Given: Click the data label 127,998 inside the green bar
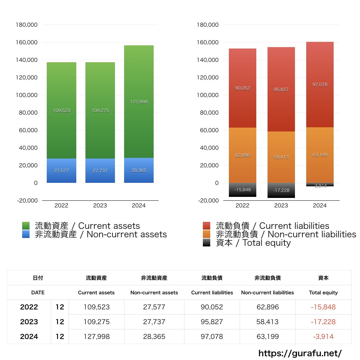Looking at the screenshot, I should pyautogui.click(x=139, y=102).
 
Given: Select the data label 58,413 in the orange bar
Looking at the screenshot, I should pyautogui.click(x=281, y=157).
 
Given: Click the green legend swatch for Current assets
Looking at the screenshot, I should pyautogui.click(x=26, y=226).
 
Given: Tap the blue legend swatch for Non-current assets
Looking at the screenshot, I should pyautogui.click(x=26, y=234).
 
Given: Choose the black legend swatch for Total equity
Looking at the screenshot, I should pyautogui.click(x=207, y=243).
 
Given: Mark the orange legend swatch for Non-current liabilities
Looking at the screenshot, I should pyautogui.click(x=207, y=234).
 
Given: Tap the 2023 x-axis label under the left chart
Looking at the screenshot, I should pyautogui.click(x=100, y=206).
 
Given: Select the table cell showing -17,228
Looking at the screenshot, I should pyautogui.click(x=323, y=322).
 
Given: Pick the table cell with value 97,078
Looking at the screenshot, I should pyautogui.click(x=212, y=336).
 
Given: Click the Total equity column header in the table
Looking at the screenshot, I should pyautogui.click(x=323, y=292).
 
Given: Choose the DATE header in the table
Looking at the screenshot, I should pyautogui.click(x=38, y=292).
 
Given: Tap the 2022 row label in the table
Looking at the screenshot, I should pyautogui.click(x=29, y=307).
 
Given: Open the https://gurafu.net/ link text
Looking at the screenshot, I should pyautogui.click(x=300, y=353).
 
